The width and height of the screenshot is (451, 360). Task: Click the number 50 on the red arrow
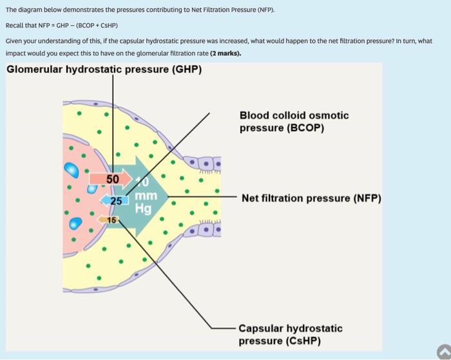click(113, 178)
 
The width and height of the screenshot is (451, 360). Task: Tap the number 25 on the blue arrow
click(115, 200)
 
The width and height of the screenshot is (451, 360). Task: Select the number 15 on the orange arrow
click(111, 220)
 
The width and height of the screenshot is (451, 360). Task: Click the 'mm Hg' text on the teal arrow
click(144, 202)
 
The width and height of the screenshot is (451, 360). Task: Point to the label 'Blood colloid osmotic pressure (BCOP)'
click(294, 122)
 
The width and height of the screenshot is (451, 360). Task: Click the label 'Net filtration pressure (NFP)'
click(311, 198)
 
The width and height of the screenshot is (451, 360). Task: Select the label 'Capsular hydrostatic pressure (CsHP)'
click(291, 334)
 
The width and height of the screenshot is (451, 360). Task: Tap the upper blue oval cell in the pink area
click(71, 169)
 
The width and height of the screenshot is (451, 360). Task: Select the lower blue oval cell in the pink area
click(77, 223)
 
